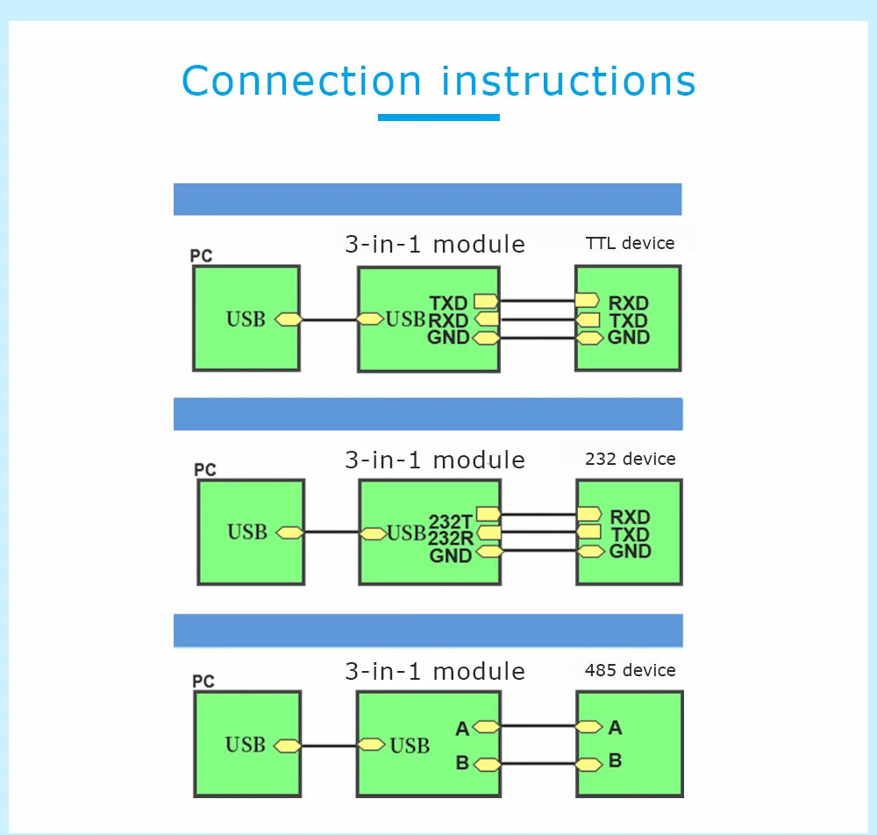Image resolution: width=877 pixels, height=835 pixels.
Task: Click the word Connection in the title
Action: pyautogui.click(x=302, y=81)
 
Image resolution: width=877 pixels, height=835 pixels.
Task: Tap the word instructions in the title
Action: pyautogui.click(x=569, y=81)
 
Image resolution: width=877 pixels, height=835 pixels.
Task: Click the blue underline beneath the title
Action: pyautogui.click(x=438, y=118)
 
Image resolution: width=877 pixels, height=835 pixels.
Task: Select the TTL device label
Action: pyautogui.click(x=630, y=243)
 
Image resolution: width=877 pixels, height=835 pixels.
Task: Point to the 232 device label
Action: pyautogui.click(x=631, y=460)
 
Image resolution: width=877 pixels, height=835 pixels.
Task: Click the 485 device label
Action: pyautogui.click(x=631, y=670)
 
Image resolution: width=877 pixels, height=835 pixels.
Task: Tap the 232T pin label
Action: pyautogui.click(x=450, y=522)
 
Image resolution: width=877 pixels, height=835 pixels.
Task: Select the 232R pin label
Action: pyautogui.click(x=451, y=538)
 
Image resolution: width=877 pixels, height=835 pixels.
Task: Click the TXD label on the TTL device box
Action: pyautogui.click(x=628, y=320)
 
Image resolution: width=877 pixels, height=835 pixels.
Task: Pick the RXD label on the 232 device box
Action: pyautogui.click(x=630, y=517)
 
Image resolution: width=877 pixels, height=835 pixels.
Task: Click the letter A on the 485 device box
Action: pyautogui.click(x=616, y=728)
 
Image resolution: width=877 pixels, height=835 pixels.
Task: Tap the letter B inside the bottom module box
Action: pyautogui.click(x=462, y=762)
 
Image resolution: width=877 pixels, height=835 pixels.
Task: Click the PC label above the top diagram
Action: pyautogui.click(x=201, y=255)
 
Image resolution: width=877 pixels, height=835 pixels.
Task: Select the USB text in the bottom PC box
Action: pyautogui.click(x=245, y=745)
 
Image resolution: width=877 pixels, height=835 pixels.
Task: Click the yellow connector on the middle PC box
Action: pyautogui.click(x=290, y=532)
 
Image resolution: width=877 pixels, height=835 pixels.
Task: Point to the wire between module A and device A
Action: pyautogui.click(x=538, y=726)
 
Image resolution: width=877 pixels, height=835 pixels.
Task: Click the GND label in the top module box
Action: pyautogui.click(x=448, y=337)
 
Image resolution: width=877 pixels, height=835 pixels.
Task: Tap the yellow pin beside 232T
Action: pyautogui.click(x=488, y=514)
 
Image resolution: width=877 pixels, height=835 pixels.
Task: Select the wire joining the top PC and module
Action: pyautogui.click(x=329, y=320)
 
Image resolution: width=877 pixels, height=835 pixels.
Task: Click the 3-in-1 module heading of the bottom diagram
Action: pyautogui.click(x=435, y=671)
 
